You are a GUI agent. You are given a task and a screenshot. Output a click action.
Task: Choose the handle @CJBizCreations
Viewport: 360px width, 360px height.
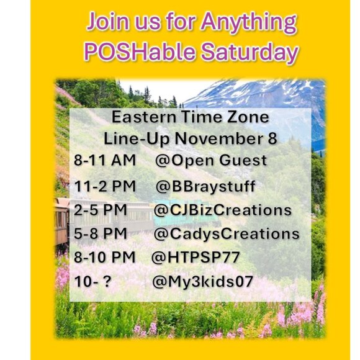[223, 210]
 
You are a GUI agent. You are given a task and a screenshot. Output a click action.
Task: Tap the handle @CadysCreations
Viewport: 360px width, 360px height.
[227, 234]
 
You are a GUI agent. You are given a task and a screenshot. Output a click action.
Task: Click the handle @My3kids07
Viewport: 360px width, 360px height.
[202, 281]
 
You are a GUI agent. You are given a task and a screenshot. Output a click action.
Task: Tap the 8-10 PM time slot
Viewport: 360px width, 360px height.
[105, 258]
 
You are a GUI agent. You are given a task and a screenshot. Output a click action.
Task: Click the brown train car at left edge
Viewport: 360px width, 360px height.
[61, 220]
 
